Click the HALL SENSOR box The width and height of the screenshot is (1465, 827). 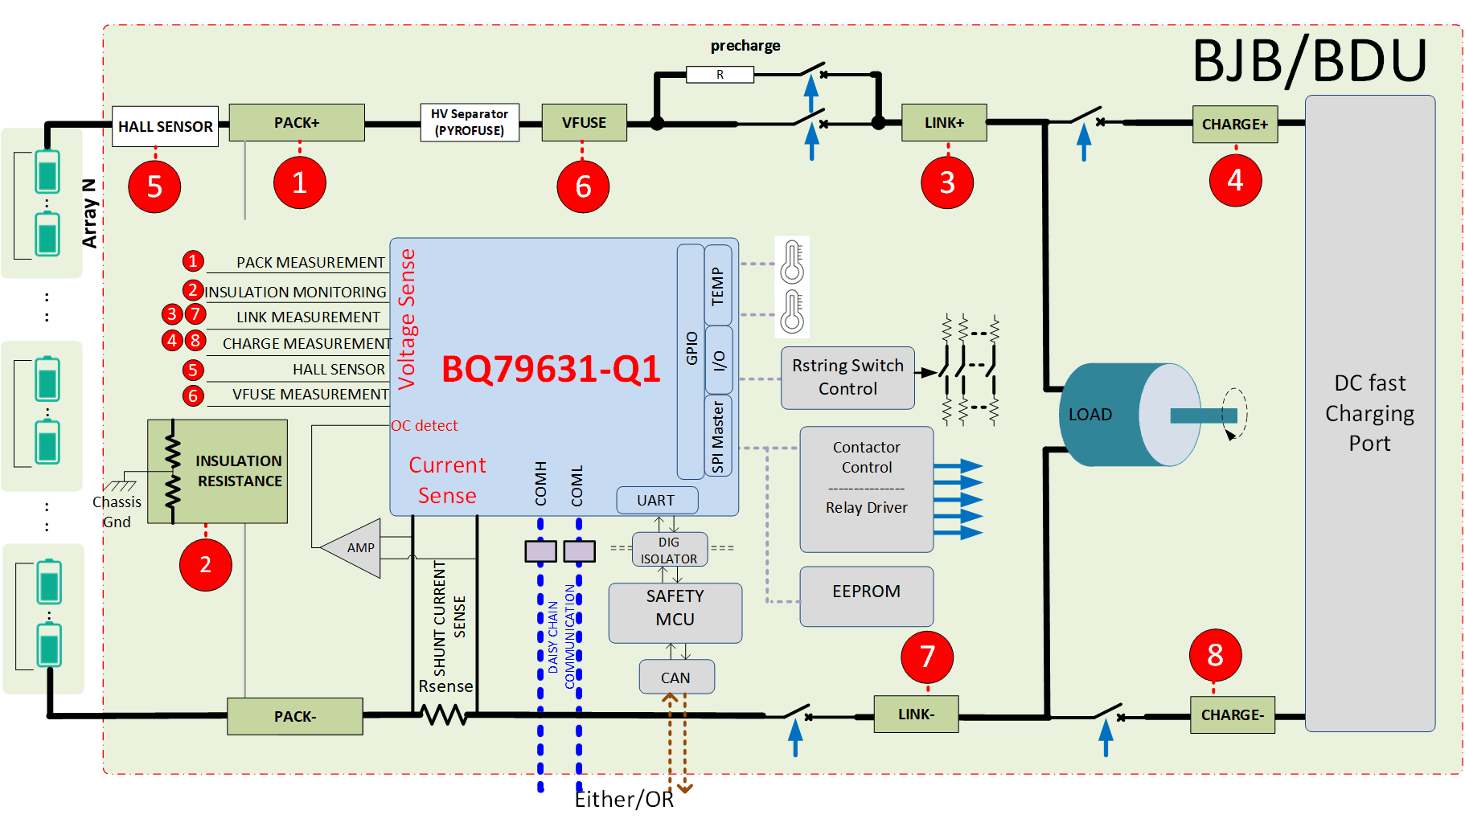(165, 126)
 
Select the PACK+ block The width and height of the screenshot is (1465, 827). (297, 122)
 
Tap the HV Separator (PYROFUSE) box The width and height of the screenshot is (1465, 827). (470, 122)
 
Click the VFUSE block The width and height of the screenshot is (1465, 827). (584, 122)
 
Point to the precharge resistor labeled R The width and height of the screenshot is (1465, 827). (720, 75)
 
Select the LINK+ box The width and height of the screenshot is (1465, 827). (944, 122)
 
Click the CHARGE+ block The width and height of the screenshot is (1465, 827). (1234, 124)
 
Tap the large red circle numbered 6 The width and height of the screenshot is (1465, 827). (583, 186)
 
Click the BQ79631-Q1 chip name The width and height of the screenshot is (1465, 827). (551, 369)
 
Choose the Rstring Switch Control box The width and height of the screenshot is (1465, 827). (847, 377)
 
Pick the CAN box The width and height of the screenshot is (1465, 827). (676, 677)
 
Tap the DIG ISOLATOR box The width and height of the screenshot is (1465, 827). (669, 550)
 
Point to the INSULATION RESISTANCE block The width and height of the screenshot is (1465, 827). (218, 471)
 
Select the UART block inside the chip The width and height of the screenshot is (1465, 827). (656, 500)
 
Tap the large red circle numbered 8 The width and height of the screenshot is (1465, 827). (1215, 654)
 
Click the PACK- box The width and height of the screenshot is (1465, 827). (294, 716)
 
